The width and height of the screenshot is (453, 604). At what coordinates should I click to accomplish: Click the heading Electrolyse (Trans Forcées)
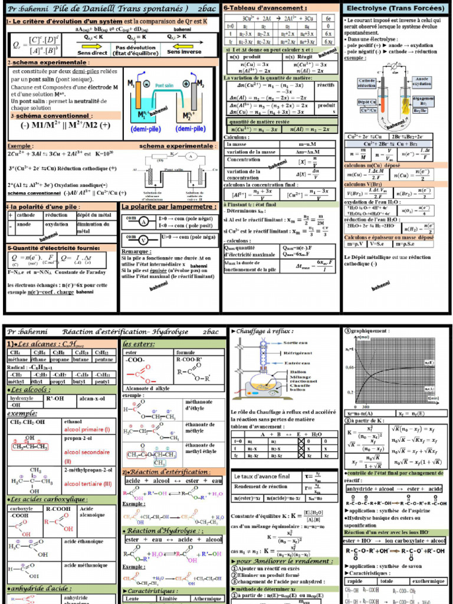[x=395, y=9]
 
